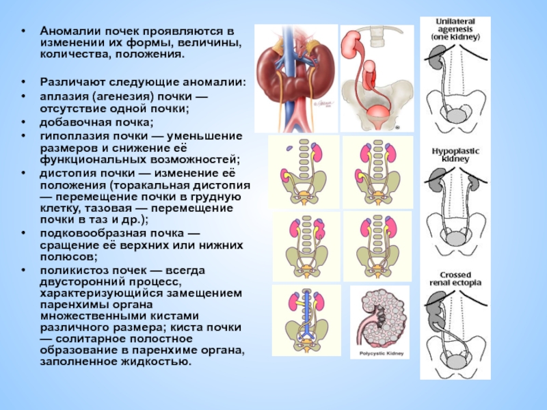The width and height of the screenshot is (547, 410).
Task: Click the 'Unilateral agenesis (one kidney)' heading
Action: [455, 30]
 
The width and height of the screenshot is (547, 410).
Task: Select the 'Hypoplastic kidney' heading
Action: [455, 154]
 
